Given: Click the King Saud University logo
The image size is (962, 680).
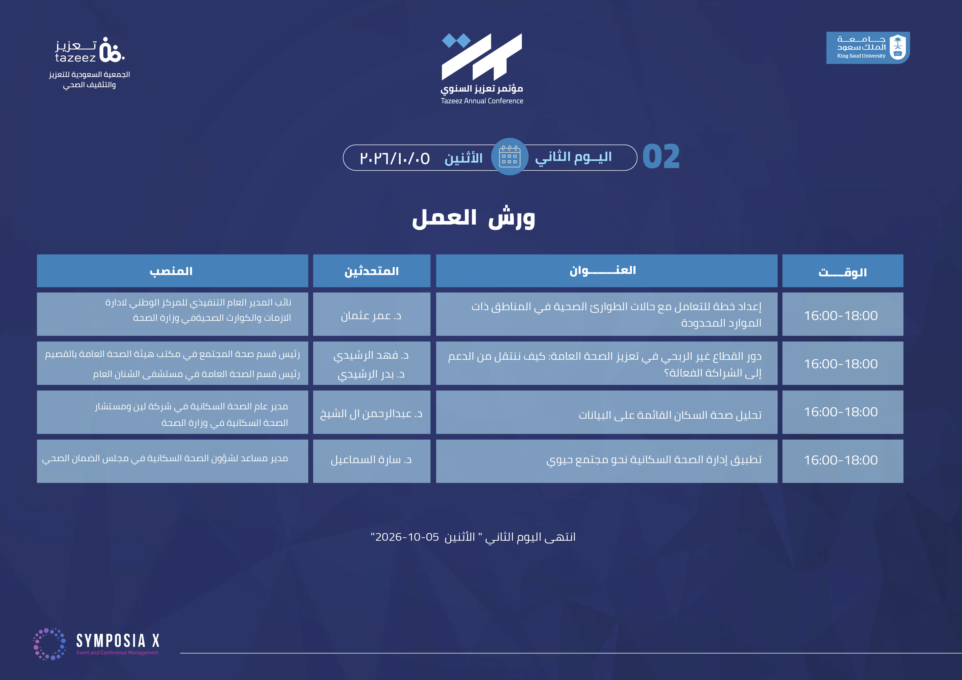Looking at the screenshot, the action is coord(868,48).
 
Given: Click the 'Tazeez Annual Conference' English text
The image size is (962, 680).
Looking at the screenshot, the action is coord(482,101).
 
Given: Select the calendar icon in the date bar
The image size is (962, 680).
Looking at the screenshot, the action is coord(510,157).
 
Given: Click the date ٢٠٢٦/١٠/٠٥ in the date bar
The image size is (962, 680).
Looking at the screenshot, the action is coord(395,158).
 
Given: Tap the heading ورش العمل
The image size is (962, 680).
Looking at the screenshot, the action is coord(474,218).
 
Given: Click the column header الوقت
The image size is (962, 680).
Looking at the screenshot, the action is coord(843,271).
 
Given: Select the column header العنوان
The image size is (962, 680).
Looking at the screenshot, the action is coord(606,271).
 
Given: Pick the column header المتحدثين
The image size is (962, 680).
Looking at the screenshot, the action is coord(372,271).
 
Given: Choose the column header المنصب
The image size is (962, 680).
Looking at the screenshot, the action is coord(172,271).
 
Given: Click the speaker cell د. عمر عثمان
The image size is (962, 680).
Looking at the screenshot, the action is coord(372,314).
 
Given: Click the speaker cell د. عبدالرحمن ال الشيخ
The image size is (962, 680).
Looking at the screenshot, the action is coord(372,412).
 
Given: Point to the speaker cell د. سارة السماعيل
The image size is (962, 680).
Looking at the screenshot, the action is coord(372,461).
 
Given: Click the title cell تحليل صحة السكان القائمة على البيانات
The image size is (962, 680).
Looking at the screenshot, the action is coord(606,412).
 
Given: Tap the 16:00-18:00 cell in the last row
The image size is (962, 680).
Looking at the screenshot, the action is coord(843,461).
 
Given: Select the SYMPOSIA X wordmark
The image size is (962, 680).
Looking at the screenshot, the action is coord(118,641).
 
